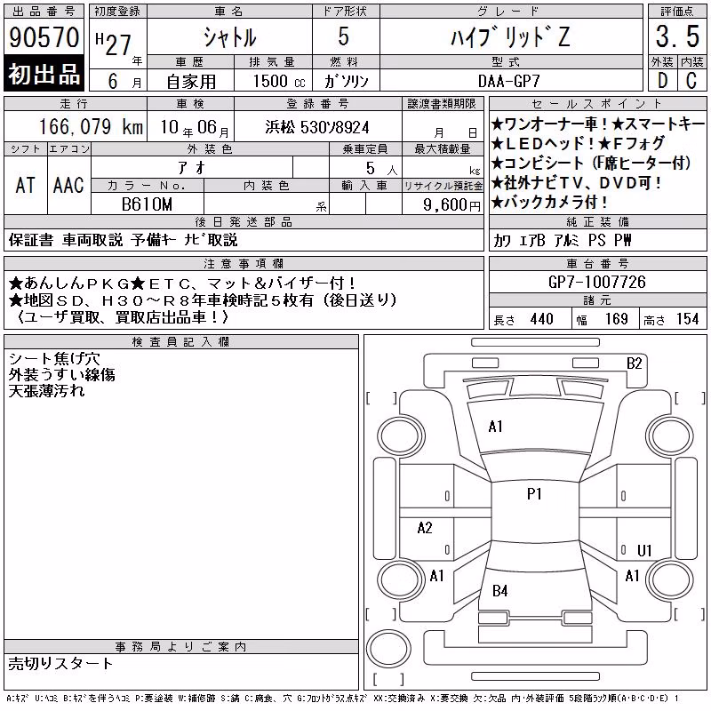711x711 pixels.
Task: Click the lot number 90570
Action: click(44, 36)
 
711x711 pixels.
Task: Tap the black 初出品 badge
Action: click(44, 73)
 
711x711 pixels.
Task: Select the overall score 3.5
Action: click(677, 36)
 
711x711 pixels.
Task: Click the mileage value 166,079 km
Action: click(91, 126)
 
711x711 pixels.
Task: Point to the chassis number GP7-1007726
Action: click(596, 282)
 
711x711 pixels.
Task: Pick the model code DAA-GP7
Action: click(509, 81)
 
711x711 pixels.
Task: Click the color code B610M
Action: click(147, 204)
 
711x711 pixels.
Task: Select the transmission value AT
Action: click(26, 185)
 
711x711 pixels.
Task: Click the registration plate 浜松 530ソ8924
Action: click(317, 127)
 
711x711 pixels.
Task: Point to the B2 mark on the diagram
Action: click(634, 363)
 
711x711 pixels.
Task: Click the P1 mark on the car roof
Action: click(534, 494)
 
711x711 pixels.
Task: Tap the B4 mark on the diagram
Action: click(499, 590)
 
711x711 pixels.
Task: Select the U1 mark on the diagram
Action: click(644, 550)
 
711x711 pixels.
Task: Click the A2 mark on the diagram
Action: click(425, 528)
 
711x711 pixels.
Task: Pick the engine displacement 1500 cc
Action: click(279, 81)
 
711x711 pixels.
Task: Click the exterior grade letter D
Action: click(662, 81)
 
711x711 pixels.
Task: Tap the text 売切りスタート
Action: click(60, 664)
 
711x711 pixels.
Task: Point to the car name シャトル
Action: click(229, 37)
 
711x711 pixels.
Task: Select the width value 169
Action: click(616, 319)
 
